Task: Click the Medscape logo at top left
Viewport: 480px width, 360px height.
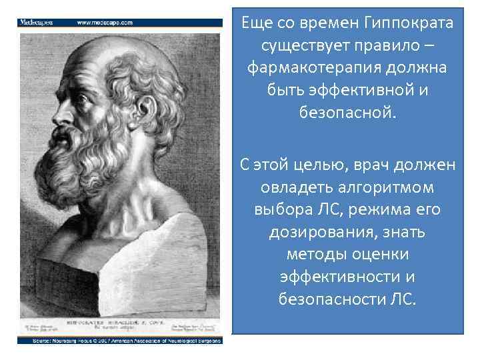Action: pyautogui.click(x=37, y=22)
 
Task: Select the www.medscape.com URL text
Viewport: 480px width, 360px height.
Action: pyautogui.click(x=105, y=22)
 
